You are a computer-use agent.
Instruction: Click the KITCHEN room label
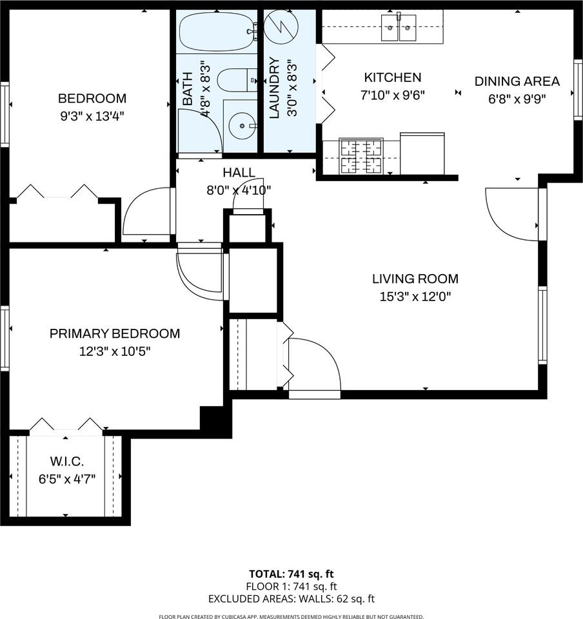point(392,78)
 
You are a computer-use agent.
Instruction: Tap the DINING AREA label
point(517,81)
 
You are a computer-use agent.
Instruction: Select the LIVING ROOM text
point(415,279)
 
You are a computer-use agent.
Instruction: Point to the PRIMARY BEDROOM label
point(115,334)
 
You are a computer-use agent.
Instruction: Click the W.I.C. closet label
point(67,462)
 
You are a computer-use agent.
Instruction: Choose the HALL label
point(239,173)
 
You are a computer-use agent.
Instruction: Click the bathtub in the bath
point(216,32)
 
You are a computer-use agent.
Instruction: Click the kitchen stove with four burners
point(361,156)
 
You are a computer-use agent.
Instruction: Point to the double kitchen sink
point(398,27)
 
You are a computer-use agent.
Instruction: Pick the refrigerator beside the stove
point(422,153)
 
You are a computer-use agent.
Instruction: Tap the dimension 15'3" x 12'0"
point(415,297)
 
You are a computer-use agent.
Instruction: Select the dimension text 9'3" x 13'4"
point(92,117)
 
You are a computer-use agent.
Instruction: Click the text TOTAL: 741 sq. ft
point(291,574)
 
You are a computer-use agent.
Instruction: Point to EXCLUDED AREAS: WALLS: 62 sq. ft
point(291,599)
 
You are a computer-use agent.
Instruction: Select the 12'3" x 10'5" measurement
point(115,352)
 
